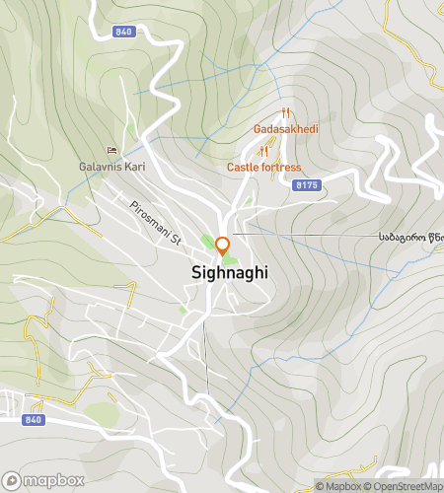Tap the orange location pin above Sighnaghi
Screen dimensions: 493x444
coord(222,246)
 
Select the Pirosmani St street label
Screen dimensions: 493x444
coord(157,223)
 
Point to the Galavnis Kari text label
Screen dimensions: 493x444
coord(112,167)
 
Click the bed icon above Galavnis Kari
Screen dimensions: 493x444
coord(112,151)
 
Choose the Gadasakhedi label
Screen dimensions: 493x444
coord(284,129)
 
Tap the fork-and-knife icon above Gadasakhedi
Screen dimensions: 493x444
coord(284,113)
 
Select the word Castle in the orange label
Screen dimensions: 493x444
coord(244,168)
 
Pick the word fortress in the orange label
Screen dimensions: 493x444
coord(281,168)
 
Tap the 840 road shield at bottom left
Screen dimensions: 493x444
coord(34,419)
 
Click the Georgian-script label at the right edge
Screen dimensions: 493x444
coord(409,237)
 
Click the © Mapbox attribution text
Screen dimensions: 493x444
coord(339,486)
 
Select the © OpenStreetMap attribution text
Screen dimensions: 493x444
coord(405,486)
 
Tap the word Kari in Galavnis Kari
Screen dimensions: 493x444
coord(133,167)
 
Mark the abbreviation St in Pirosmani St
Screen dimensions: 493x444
coord(176,238)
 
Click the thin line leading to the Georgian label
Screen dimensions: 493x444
coord(306,236)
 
